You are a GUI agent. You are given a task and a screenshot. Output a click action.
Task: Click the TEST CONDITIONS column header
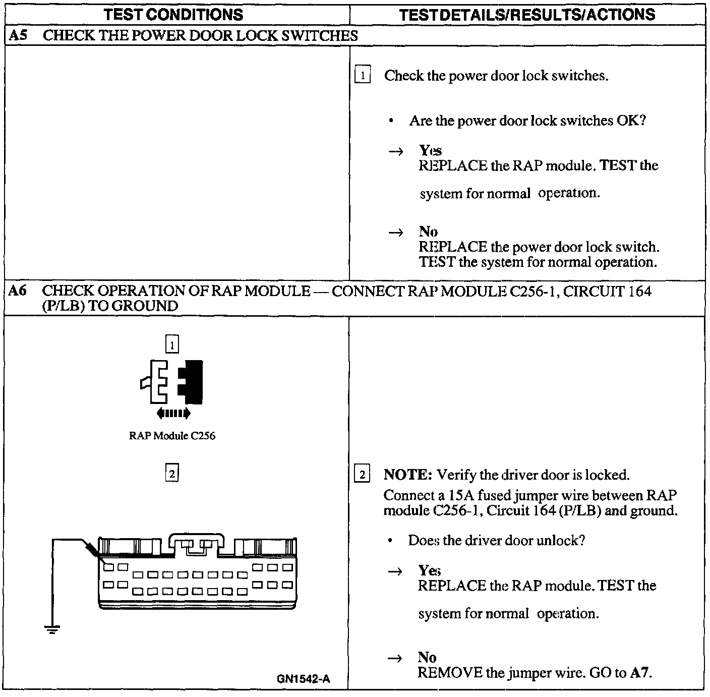173,15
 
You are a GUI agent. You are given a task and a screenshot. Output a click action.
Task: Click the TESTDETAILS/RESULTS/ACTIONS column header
527,15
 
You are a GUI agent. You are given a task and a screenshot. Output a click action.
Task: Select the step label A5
18,35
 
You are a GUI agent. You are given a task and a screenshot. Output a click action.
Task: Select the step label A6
18,291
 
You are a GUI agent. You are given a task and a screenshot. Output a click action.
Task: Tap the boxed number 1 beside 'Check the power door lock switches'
363,76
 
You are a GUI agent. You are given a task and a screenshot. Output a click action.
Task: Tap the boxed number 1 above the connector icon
172,345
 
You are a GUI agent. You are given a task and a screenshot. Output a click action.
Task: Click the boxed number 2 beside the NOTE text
362,475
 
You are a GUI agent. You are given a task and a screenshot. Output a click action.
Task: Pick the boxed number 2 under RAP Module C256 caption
172,474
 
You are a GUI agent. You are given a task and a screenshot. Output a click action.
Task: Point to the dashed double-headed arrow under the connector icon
173,414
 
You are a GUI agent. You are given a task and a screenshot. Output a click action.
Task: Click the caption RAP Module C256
172,436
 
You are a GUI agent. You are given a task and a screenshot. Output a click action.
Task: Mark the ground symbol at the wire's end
52,629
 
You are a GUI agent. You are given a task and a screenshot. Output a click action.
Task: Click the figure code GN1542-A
304,679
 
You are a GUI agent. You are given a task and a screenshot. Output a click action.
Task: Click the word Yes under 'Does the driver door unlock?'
429,570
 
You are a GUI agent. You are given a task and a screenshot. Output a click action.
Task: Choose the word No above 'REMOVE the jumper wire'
427,657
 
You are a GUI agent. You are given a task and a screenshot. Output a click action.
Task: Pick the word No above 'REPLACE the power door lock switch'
428,231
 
